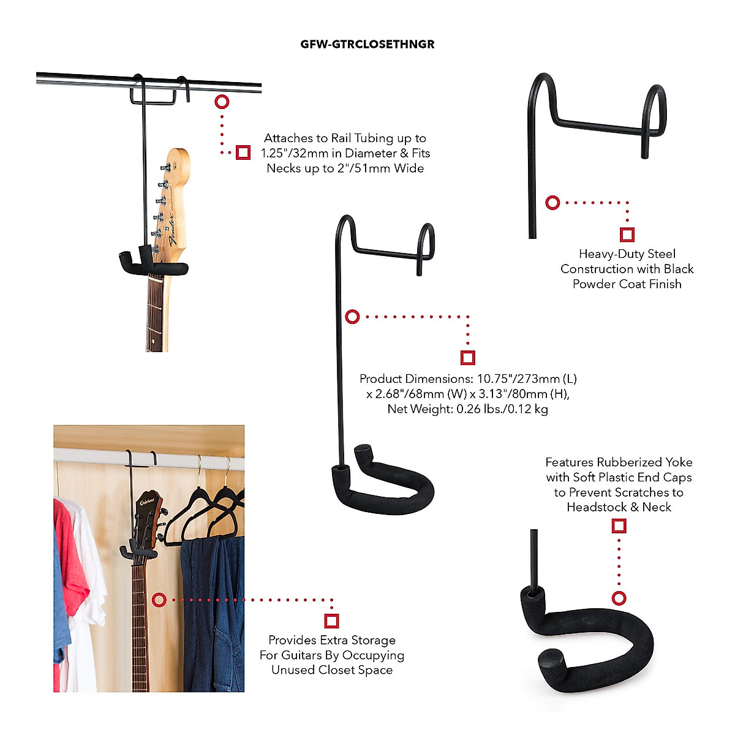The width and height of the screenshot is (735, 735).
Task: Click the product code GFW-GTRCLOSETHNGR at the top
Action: pyautogui.click(x=367, y=44)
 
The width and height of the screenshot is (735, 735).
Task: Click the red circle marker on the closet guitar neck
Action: pyautogui.click(x=159, y=600)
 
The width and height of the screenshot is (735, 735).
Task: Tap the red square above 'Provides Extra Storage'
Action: pyautogui.click(x=331, y=621)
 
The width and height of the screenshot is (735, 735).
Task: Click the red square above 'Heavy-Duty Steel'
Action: pyautogui.click(x=627, y=235)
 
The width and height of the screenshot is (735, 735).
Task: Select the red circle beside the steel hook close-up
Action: pyautogui.click(x=552, y=202)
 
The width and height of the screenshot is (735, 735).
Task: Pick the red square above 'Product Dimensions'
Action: pyautogui.click(x=468, y=358)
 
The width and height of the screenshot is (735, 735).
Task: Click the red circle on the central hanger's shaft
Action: pyautogui.click(x=352, y=317)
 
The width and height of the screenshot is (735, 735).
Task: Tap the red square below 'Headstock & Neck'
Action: pyautogui.click(x=619, y=526)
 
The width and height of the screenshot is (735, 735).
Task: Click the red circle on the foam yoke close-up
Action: pyautogui.click(x=619, y=598)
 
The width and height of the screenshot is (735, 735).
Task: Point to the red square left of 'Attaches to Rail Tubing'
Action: pyautogui.click(x=243, y=153)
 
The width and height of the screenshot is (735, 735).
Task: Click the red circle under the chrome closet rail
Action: pyautogui.click(x=222, y=102)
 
